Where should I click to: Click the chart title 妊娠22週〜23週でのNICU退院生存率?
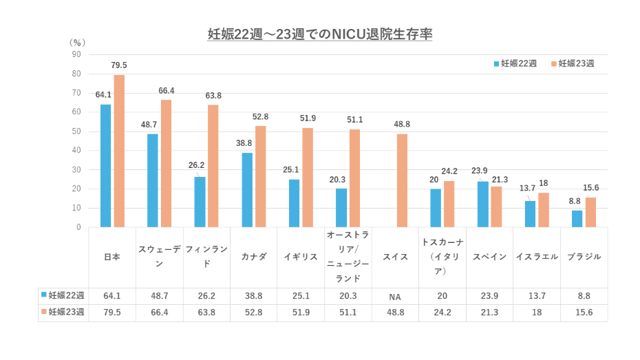[x=320, y=34]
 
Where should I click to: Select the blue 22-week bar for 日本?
[x=105, y=165]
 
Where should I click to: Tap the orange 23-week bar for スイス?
[x=402, y=180]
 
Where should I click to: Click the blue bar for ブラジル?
[x=577, y=218]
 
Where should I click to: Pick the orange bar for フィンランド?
[x=213, y=166]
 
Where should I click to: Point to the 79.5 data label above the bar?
[x=119, y=65]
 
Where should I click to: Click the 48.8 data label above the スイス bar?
[x=402, y=124]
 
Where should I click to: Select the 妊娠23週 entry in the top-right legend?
[x=573, y=63]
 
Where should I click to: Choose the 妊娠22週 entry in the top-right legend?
[x=515, y=63]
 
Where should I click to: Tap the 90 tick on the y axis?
[x=76, y=54]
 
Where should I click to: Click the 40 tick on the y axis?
[x=76, y=150]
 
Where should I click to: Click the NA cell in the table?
[x=395, y=297]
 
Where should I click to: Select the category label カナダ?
[x=254, y=257]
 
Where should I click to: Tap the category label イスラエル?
[x=537, y=257]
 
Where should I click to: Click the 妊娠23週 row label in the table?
[x=63, y=313]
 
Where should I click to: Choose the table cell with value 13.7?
[x=537, y=297]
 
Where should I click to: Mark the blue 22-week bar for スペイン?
[x=482, y=204]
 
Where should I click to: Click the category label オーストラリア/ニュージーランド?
[x=348, y=257]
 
